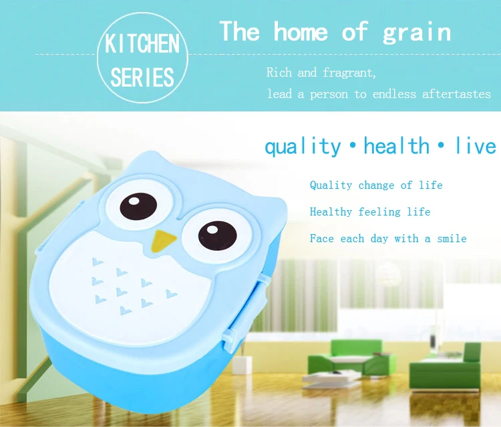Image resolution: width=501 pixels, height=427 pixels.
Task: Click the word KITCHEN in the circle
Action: click(142, 44)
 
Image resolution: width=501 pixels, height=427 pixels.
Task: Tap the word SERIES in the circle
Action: click(142, 77)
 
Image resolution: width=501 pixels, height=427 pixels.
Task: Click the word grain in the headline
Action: click(417, 33)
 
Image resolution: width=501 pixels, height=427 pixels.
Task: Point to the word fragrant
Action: click(349, 73)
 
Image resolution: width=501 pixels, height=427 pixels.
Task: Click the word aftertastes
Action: click(456, 94)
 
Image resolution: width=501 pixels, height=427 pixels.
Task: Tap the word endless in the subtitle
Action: click(394, 94)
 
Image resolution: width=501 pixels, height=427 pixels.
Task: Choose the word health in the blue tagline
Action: click(397, 146)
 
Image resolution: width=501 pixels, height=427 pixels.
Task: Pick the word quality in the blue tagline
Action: click(303, 147)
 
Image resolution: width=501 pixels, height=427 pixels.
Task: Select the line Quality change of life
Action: click(376, 185)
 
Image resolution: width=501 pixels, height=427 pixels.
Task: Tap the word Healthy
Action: click(331, 212)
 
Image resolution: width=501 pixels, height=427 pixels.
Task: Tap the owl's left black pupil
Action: click(138, 207)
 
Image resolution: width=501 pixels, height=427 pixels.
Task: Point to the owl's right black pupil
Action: click(218, 236)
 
